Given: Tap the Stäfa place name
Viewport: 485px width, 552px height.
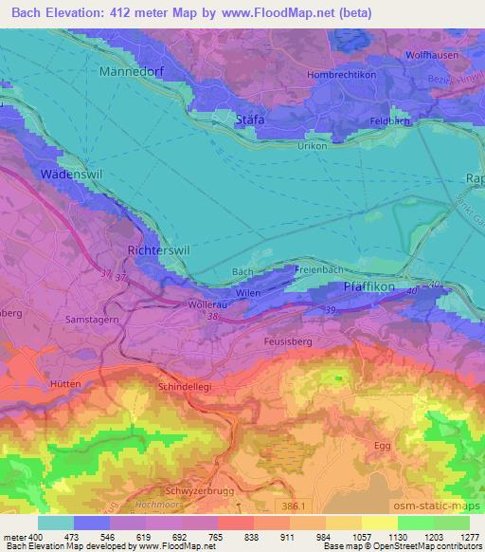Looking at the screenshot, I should pos(249,120).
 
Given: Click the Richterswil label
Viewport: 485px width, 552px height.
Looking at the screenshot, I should pos(158,250).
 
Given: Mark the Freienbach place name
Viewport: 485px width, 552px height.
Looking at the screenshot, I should pos(317,270).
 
